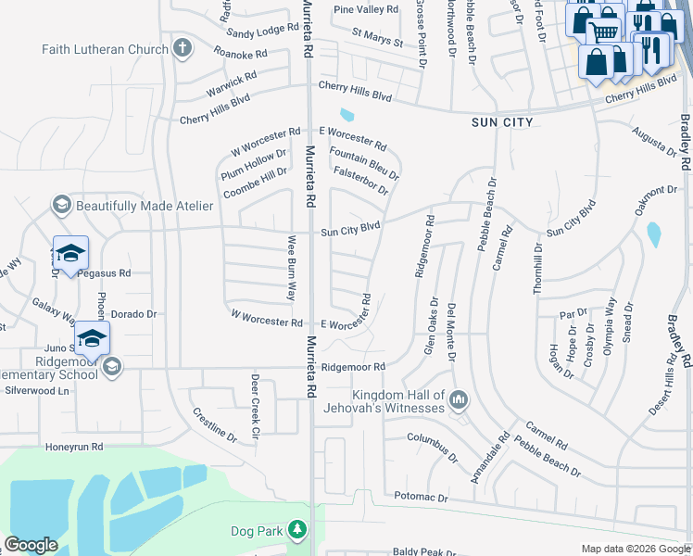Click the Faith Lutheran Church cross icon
[x=183, y=46]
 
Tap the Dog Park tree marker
[x=297, y=530]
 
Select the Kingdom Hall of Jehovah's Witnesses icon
[x=458, y=400]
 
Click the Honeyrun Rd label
[x=74, y=447]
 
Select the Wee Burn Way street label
[x=290, y=268]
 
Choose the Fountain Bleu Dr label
[x=364, y=163]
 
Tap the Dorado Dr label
[x=133, y=314]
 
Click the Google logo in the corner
[x=31, y=545]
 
